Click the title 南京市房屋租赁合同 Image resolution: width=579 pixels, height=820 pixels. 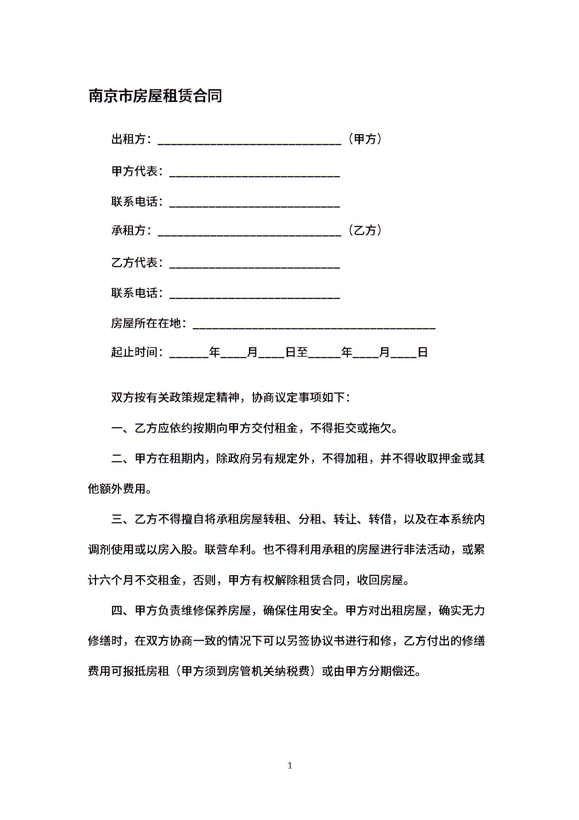tap(155, 96)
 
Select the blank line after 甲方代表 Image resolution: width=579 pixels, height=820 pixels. tap(254, 173)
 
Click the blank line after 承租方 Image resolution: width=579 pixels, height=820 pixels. tap(249, 232)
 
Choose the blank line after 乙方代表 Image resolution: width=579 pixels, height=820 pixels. tap(254, 264)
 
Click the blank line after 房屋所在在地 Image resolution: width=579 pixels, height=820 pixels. tap(314, 325)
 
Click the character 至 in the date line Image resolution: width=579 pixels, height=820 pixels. tap(302, 352)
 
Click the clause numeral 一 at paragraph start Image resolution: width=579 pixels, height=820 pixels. tap(117, 428)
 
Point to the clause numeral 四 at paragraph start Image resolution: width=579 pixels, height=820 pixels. tap(117, 610)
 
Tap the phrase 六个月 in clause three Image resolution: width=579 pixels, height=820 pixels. tap(111, 580)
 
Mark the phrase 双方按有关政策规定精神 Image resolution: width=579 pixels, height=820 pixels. tap(175, 398)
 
